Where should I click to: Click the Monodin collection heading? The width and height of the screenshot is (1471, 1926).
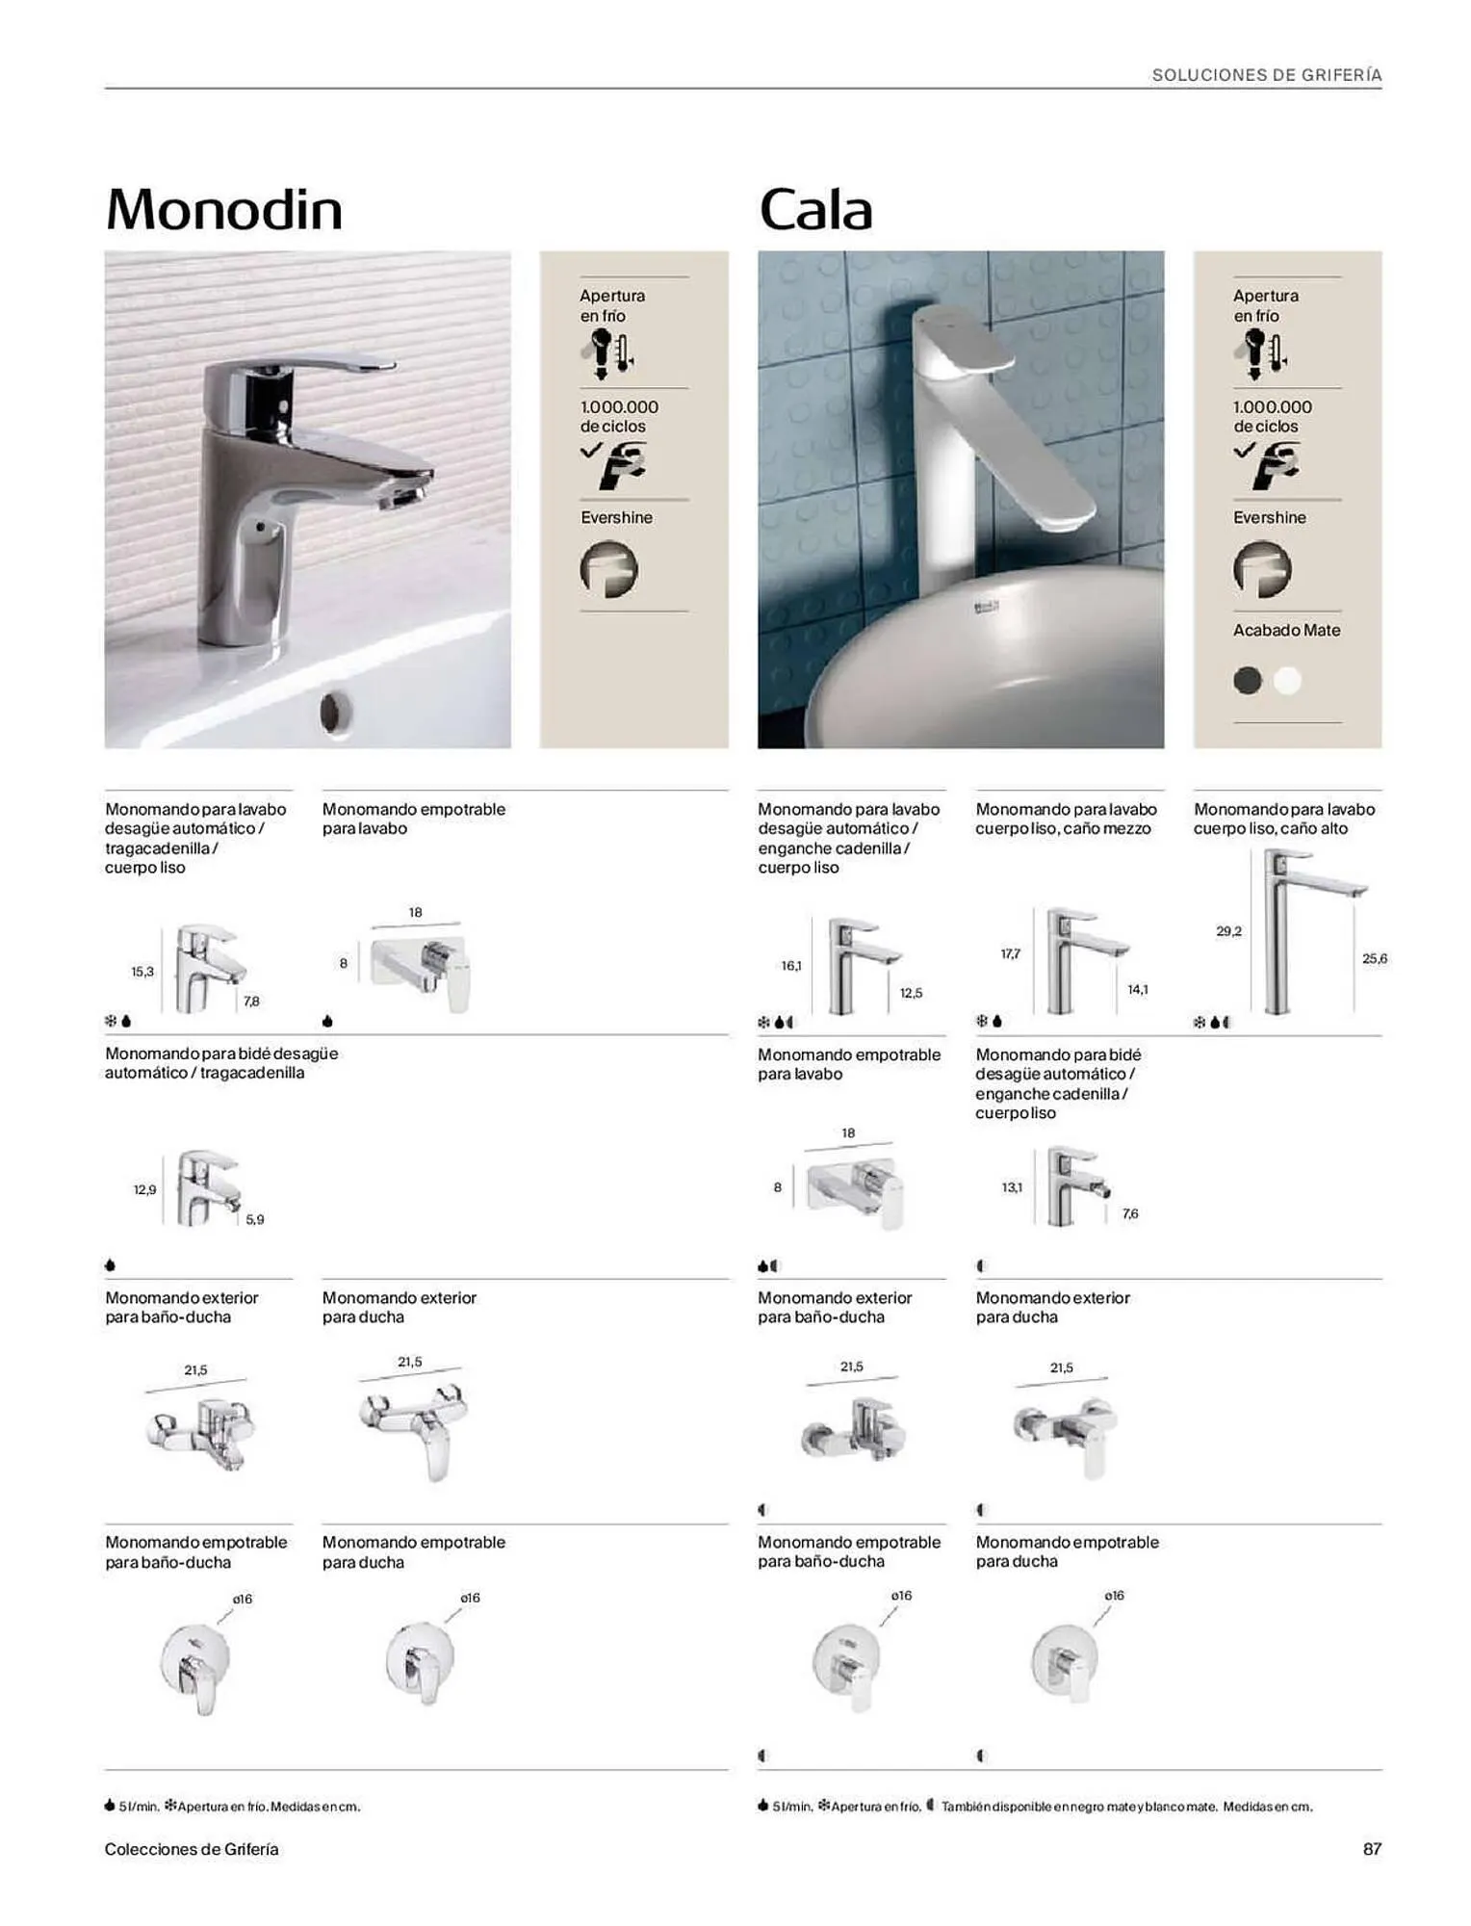(224, 209)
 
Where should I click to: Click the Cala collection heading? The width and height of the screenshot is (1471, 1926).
(815, 209)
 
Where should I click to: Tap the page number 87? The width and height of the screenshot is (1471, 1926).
(1372, 1849)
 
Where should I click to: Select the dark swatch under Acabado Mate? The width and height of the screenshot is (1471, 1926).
(1248, 681)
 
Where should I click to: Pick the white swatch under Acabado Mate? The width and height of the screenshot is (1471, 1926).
(1287, 681)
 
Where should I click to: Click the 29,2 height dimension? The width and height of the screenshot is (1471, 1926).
(1228, 931)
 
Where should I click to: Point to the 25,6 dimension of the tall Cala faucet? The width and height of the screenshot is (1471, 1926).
(1375, 958)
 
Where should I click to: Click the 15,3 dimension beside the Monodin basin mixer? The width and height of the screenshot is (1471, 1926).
(142, 972)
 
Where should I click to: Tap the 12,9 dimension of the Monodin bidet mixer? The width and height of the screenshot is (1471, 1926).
(144, 1190)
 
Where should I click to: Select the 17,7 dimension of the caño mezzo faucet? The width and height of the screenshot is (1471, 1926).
(1010, 953)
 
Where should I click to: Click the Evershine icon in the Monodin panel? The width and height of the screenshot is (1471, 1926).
(608, 569)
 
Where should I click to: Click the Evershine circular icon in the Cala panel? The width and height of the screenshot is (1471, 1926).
(1262, 569)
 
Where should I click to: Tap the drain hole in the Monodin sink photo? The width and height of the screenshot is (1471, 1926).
(335, 714)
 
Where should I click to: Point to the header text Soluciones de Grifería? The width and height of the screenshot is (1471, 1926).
(1267, 75)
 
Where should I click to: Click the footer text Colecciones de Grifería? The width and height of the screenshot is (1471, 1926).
(192, 1849)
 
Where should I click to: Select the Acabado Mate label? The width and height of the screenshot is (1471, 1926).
(1286, 630)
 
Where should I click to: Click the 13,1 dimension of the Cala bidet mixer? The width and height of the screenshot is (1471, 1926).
(1012, 1187)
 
